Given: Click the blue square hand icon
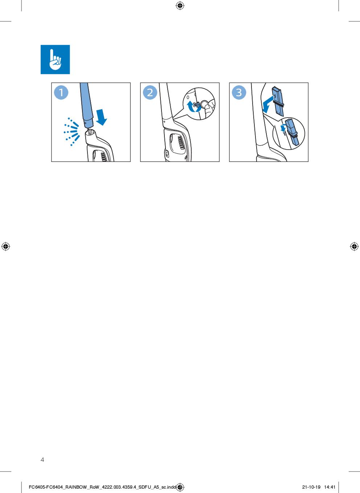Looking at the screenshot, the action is [55, 60].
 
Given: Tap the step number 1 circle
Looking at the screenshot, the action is [61, 92].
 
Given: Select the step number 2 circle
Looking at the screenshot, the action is [150, 92].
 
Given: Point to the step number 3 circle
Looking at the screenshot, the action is [239, 92].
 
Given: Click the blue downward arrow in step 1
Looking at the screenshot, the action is [102, 117].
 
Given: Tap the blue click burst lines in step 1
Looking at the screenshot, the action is [71, 132].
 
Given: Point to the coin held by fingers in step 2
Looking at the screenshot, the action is [205, 104].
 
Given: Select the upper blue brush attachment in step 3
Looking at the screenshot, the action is [278, 101].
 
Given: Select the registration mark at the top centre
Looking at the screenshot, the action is [180, 6].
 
